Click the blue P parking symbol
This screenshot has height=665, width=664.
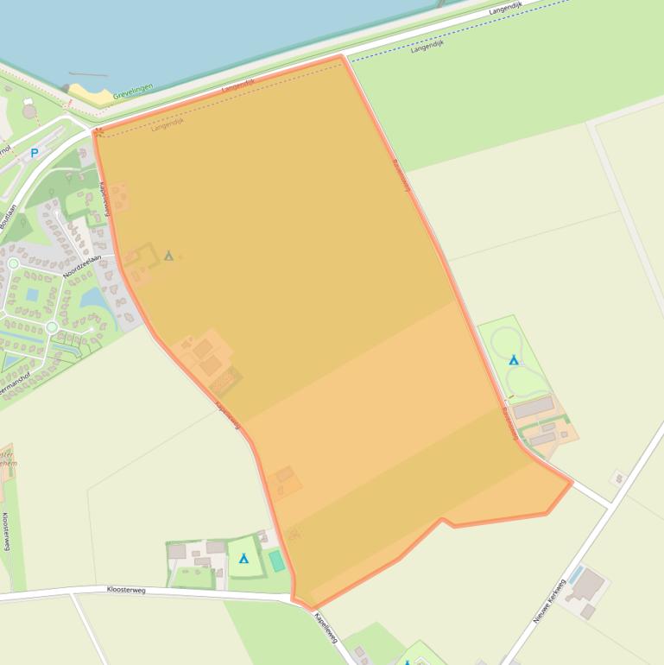35,153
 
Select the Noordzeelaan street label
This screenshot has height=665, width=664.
82,267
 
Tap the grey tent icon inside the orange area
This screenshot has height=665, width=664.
169,255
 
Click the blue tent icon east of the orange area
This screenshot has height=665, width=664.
514,359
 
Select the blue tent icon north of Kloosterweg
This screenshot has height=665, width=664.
243,559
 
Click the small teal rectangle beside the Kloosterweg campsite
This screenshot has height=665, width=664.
276,561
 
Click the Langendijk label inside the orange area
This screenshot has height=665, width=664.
168,123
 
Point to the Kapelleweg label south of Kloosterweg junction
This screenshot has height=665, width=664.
326,629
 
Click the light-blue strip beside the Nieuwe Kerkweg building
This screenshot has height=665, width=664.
576,574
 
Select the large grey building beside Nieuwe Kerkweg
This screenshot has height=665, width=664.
589,586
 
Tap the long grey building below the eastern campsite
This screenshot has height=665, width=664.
534,406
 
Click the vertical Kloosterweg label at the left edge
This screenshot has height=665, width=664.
6,530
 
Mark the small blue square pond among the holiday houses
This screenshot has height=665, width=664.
32,294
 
